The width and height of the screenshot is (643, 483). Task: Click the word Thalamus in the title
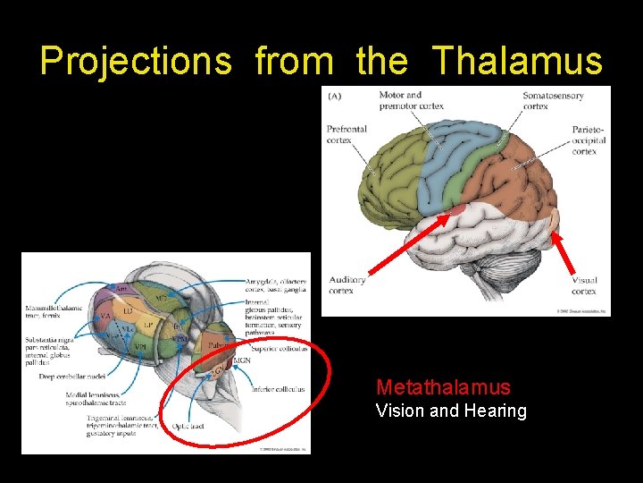coord(518,61)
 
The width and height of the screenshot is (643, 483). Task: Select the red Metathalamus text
coord(443,387)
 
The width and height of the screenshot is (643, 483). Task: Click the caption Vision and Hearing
coord(451,411)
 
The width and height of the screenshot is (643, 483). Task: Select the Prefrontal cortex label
coord(347,134)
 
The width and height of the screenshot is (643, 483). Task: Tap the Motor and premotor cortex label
coord(411,100)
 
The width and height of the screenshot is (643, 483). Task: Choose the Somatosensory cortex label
coord(554,100)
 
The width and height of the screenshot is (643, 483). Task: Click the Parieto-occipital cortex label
coord(589,140)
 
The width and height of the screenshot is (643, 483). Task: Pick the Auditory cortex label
coord(347,285)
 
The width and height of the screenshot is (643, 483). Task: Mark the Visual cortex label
coord(584,285)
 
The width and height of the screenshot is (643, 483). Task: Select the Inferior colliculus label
coord(279,389)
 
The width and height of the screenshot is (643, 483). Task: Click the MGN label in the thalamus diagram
coord(241,361)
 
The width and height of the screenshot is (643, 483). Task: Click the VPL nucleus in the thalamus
coord(140,346)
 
